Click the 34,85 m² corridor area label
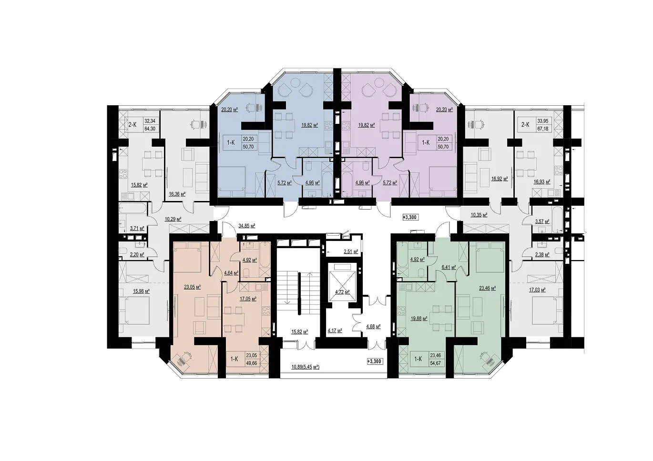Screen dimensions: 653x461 click(x=246, y=225)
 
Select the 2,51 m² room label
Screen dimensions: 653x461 click(x=351, y=251)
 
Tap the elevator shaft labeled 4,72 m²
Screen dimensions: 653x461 click(x=343, y=292)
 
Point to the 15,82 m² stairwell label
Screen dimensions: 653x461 click(x=300, y=331)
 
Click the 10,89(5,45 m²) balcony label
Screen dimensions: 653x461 click(x=305, y=367)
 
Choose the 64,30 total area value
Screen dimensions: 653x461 click(x=150, y=129)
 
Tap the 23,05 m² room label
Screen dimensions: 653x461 click(x=193, y=287)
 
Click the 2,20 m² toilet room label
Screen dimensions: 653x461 click(x=137, y=254)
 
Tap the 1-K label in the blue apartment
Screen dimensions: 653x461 click(x=231, y=143)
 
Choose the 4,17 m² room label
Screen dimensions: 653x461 click(x=335, y=331)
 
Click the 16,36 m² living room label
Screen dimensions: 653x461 click(x=177, y=194)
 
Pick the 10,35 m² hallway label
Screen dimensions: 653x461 click(x=479, y=215)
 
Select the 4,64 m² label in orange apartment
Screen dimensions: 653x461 click(x=231, y=273)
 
